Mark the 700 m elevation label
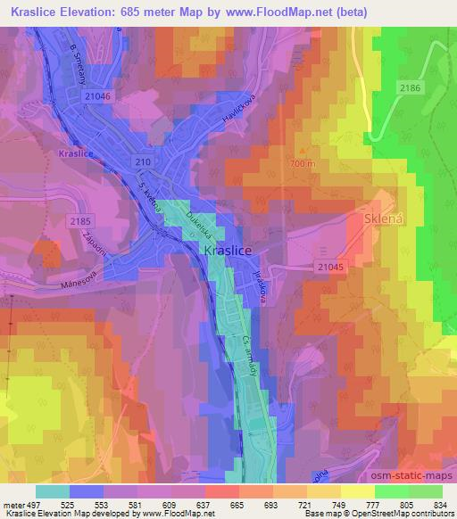click(x=303, y=165)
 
